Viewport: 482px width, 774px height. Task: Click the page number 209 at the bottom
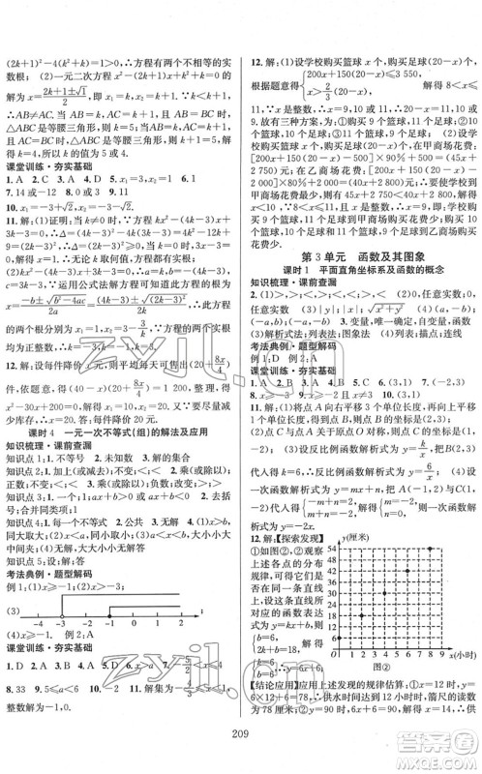[242, 759]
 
